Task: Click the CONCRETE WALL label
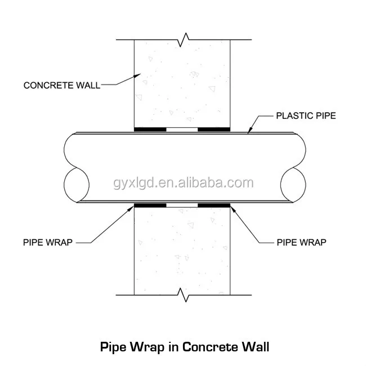click(61, 85)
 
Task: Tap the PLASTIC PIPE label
click(305, 116)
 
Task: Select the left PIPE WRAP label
click(48, 243)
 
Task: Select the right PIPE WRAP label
click(301, 243)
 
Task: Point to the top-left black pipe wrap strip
click(150, 129)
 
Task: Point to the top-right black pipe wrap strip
click(214, 129)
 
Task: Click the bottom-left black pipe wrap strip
click(150, 205)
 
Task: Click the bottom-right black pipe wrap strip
click(214, 205)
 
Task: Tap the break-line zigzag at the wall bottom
click(182, 293)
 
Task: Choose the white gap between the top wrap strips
click(182, 129)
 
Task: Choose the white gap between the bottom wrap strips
click(182, 205)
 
